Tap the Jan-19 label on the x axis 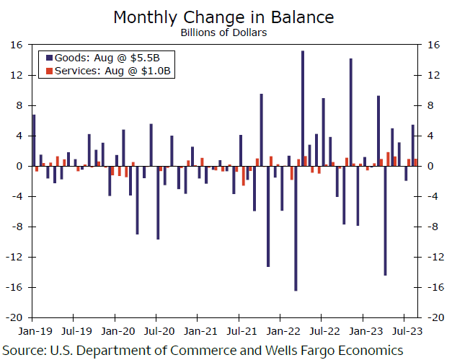pyautogui.click(x=33, y=332)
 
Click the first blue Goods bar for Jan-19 pyautogui.click(x=34, y=140)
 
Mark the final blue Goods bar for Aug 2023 pyautogui.click(x=412, y=145)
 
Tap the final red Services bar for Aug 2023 pyautogui.click(x=416, y=162)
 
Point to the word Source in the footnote pyautogui.click(x=27, y=350)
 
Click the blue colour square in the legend pyautogui.click(x=49, y=56)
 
